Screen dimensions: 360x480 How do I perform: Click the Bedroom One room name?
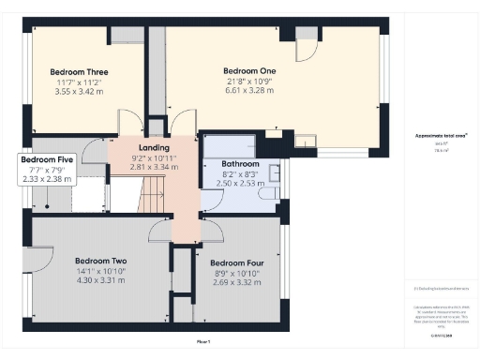coord(249,71)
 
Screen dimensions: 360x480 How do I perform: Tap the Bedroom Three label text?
coord(79,72)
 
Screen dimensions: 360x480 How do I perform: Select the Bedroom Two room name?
coord(100,261)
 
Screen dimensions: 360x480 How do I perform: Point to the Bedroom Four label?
coord(233,263)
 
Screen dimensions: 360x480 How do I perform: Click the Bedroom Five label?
coord(47,160)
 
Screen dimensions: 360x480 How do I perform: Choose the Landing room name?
coord(154,148)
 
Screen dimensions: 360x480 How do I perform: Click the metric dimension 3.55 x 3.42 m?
coord(79,93)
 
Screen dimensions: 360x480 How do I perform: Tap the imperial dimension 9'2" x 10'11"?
coord(154,158)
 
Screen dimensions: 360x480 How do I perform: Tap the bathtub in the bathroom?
coord(227,145)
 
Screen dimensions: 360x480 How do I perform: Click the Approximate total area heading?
coord(442,136)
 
